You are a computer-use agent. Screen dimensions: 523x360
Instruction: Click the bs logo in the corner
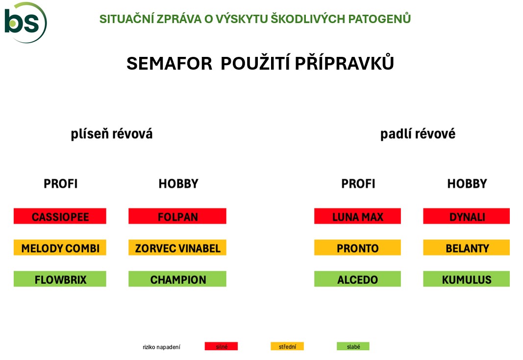25,23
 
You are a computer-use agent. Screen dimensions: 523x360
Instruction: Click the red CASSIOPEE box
60,216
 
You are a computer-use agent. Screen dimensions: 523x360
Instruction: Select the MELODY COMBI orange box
60,248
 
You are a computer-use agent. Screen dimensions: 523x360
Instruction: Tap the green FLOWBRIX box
60,279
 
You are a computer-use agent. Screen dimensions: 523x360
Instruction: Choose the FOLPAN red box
177,216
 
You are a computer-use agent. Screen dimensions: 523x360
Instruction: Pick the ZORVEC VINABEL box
177,248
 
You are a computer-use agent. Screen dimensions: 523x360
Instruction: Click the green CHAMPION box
177,279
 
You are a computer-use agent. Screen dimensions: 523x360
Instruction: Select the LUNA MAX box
357,216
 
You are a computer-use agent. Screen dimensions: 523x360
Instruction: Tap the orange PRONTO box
357,248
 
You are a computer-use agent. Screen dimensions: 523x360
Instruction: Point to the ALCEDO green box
357,279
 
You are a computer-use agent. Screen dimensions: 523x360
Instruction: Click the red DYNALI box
467,216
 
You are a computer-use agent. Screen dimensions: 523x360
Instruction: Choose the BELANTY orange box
467,248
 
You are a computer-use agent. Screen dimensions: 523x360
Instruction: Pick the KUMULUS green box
467,279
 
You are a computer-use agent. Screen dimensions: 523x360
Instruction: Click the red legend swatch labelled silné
222,346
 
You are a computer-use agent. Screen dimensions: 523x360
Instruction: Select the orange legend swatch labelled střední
287,346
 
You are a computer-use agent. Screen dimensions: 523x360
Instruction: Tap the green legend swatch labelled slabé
353,346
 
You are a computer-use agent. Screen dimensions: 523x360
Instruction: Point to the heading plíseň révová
112,134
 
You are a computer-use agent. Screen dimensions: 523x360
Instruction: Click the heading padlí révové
418,134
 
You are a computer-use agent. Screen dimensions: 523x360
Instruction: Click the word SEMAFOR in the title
170,63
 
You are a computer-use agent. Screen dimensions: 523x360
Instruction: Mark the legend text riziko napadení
161,347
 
